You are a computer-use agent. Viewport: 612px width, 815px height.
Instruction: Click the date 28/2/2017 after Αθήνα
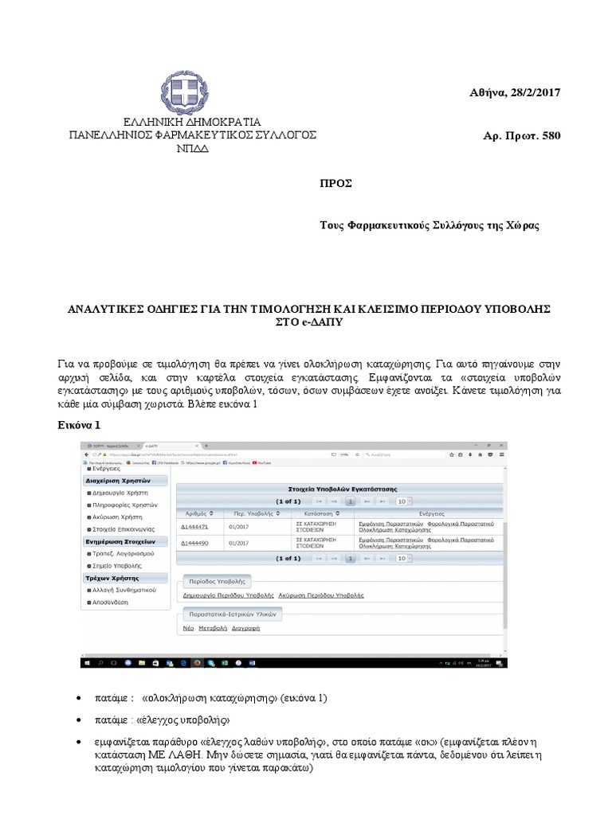(x=532, y=93)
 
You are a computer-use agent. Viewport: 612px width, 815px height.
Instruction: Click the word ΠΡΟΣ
(x=335, y=184)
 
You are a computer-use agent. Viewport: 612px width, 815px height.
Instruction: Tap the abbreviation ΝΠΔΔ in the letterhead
(x=191, y=149)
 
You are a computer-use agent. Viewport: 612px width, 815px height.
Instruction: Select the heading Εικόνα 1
(x=79, y=425)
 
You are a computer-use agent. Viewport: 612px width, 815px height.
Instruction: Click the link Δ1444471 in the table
(x=194, y=526)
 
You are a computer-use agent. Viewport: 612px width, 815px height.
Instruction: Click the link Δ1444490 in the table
(x=194, y=543)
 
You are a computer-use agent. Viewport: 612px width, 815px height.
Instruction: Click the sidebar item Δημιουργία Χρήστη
(x=121, y=493)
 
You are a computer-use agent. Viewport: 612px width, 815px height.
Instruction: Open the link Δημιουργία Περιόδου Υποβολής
(x=228, y=595)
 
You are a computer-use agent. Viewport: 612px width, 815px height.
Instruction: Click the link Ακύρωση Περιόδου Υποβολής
(x=321, y=595)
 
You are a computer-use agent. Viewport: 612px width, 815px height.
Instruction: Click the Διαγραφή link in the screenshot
(x=245, y=628)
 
